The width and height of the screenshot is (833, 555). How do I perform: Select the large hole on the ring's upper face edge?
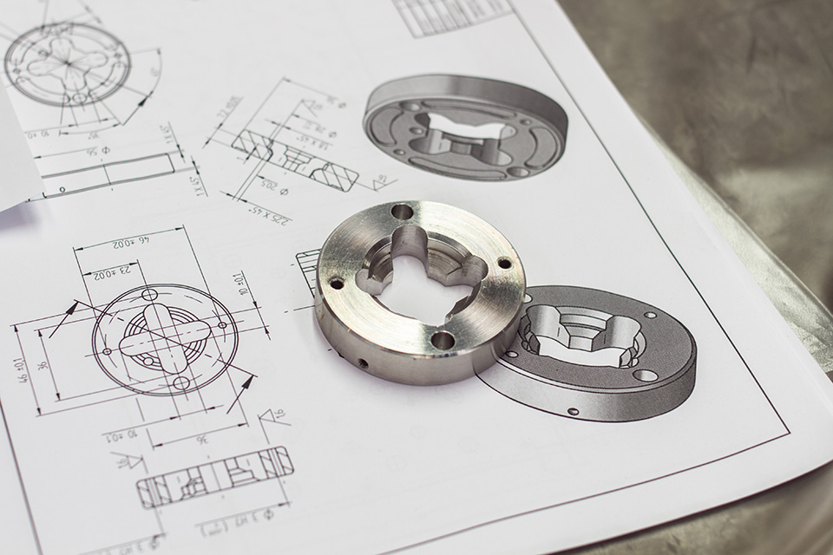(402, 212)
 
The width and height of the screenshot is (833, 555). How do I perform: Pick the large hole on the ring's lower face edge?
(443, 340)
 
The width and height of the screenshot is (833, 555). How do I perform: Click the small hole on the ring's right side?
(504, 263)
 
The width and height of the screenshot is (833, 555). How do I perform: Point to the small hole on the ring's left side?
(336, 283)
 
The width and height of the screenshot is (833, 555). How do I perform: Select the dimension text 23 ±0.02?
(111, 272)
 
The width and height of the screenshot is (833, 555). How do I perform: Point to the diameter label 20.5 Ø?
(273, 184)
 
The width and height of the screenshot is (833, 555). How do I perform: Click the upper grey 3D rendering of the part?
(465, 127)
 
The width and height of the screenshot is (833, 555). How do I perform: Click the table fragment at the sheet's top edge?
(452, 16)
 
